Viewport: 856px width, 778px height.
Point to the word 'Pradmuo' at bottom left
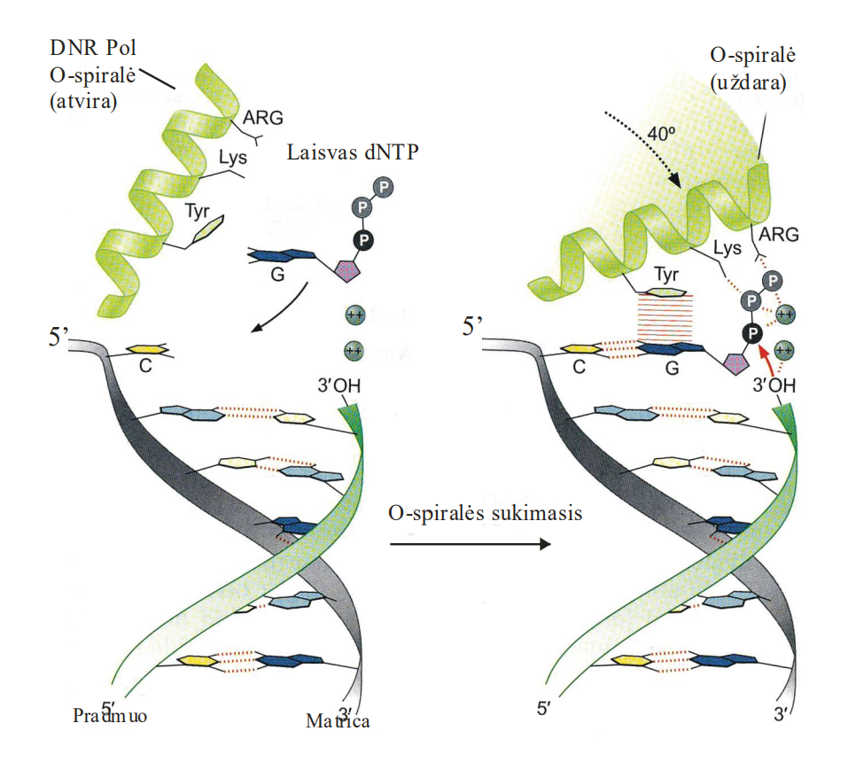110,716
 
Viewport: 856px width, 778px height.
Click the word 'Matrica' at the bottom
338,720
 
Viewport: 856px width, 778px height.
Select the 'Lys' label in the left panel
232,158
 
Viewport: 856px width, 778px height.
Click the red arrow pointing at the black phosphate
767,360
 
